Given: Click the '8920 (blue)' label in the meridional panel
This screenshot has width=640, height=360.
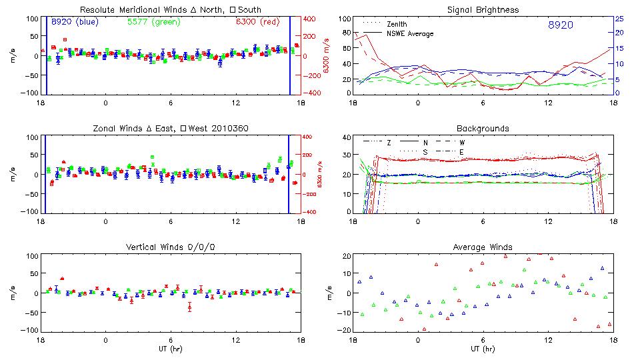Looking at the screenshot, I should pyautogui.click(x=74, y=22).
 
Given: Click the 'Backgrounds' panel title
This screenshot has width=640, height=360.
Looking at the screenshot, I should pyautogui.click(x=483, y=128).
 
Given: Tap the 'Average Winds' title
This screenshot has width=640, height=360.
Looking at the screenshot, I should pyautogui.click(x=483, y=247).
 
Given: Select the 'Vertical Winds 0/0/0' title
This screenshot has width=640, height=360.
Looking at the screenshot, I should pyautogui.click(x=171, y=247).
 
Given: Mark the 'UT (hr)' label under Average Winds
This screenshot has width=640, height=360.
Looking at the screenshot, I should pyautogui.click(x=483, y=349).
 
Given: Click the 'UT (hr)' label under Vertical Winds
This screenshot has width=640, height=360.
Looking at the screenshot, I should pyautogui.click(x=171, y=349).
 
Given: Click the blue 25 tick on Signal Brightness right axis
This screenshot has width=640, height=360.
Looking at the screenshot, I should pyautogui.click(x=619, y=19).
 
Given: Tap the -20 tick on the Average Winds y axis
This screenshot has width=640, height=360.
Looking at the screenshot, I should pyautogui.click(x=344, y=331).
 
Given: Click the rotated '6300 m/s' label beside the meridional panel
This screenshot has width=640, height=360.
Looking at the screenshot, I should pyautogui.click(x=326, y=56).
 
